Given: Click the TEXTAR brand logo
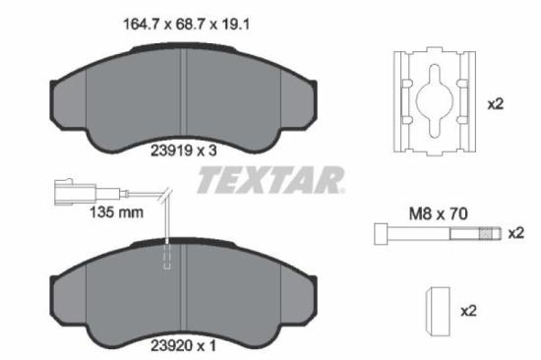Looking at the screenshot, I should point(271,181).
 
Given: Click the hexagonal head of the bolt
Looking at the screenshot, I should point(380,233).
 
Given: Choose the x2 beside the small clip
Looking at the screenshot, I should point(468,311).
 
